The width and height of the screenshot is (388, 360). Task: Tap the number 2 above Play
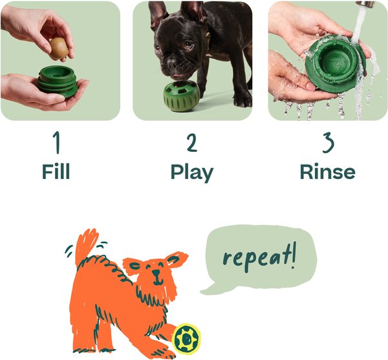coord(191,142)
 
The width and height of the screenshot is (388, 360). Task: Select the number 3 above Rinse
coord(327,142)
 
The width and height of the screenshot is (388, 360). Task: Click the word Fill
coord(56,172)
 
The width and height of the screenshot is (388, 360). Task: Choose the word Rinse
coord(327,172)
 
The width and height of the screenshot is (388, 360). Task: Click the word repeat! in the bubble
coord(255,257)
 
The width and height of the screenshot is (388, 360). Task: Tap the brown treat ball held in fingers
coord(59,48)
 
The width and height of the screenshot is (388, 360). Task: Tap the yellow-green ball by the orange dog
coord(187,338)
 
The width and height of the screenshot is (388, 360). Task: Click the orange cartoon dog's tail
coord(85,246)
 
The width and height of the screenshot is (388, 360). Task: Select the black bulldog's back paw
coord(242,100)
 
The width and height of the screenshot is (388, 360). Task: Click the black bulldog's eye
coord(187,45)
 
